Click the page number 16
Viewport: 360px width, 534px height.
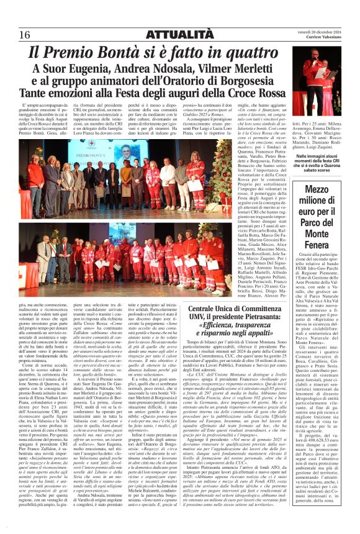[25, 34]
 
